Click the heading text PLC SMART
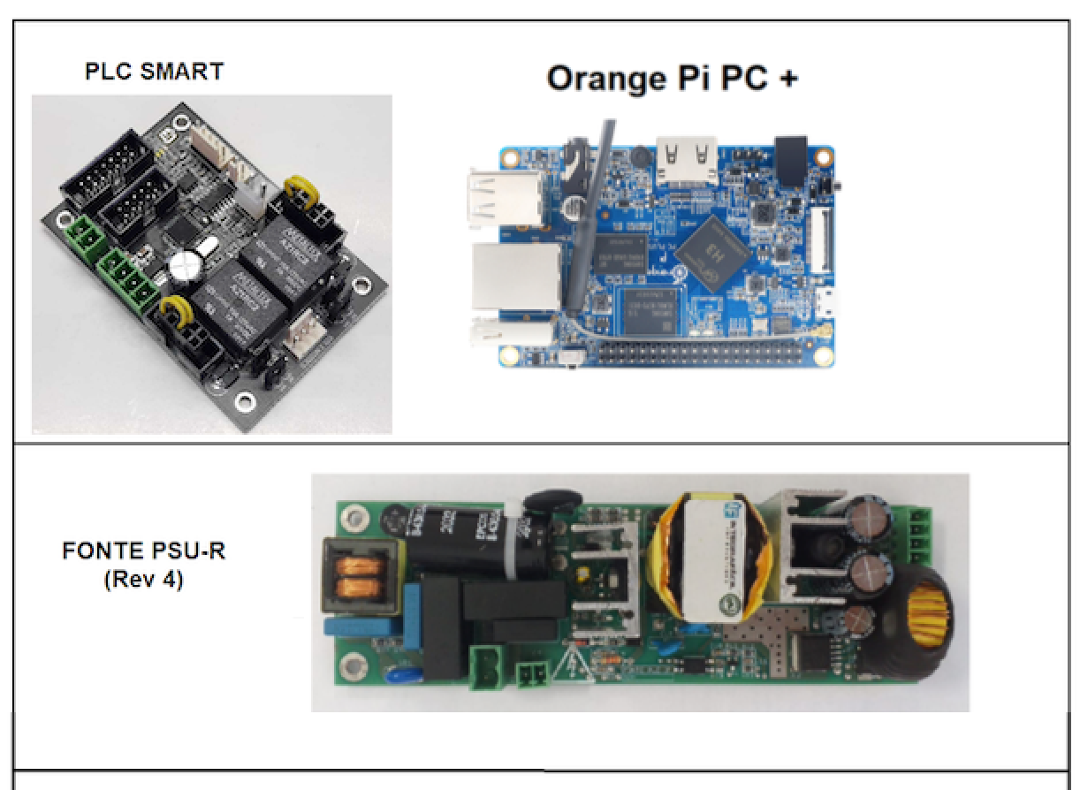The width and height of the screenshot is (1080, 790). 154,72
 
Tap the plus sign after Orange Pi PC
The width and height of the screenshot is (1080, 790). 786,79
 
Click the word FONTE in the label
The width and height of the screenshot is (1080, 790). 99,551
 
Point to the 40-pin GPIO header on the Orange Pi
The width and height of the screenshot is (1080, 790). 714,356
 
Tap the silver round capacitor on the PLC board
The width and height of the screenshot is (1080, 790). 188,263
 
